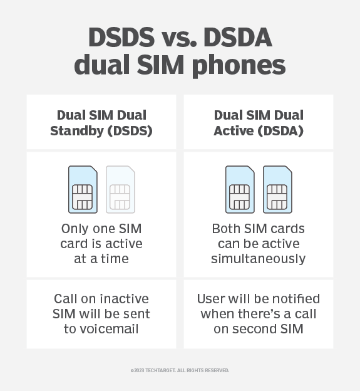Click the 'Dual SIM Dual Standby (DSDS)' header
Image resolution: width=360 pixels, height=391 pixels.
click(101, 122)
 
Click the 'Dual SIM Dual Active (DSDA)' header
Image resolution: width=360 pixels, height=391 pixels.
click(259, 122)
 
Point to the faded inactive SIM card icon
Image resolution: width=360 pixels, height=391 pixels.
click(121, 189)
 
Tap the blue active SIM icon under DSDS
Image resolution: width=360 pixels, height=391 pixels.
click(83, 189)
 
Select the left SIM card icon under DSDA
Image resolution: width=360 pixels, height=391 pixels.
click(240, 189)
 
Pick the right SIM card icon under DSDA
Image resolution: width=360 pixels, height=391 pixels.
click(277, 189)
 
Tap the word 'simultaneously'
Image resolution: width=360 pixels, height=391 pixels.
click(258, 258)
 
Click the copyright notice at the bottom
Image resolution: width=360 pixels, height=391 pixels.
click(180, 370)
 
